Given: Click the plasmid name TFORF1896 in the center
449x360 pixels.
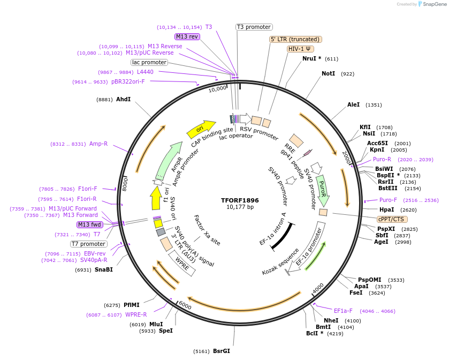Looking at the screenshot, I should click(240, 200).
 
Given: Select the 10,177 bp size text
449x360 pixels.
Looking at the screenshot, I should click(240, 207).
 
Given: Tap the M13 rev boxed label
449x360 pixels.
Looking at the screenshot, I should click(187, 36).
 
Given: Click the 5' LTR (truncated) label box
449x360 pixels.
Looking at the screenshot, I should click(295, 39).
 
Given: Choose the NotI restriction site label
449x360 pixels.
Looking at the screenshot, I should click(328, 73).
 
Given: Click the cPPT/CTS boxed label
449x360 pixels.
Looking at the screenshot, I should click(392, 219).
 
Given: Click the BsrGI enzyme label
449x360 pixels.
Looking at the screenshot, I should click(221, 351).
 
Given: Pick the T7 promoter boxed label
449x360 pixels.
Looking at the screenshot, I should click(88, 244).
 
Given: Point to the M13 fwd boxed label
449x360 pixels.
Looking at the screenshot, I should click(89, 224).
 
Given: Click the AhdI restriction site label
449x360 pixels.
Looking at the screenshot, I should click(123, 99).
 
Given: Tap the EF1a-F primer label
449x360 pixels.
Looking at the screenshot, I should click(343, 310).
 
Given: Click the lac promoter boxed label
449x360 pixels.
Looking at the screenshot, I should click(149, 62).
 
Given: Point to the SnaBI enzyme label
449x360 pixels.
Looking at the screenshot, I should click(104, 269).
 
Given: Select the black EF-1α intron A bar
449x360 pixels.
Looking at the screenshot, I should click(282, 235).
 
